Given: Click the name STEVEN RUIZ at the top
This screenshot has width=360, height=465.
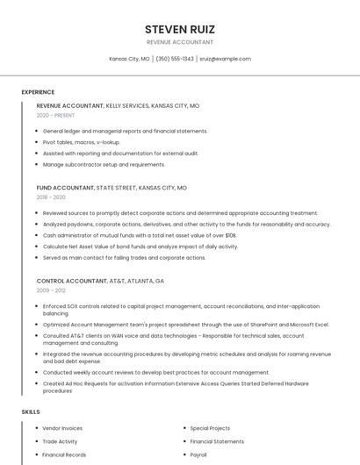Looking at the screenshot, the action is [179, 29].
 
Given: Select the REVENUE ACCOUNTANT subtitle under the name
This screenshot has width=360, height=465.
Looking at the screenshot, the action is [179, 42].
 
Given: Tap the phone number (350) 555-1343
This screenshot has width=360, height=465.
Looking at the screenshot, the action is [175, 59].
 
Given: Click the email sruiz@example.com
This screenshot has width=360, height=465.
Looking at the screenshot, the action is [225, 59].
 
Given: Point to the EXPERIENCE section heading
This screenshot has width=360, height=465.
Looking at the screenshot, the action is [38, 92].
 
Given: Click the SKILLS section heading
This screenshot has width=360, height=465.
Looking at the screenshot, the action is [31, 411].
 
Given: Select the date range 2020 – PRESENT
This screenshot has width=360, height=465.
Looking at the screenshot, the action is [55, 115].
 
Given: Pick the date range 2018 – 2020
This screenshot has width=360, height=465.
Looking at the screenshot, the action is [51, 197].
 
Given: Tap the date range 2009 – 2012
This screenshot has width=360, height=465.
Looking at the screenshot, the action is [51, 290].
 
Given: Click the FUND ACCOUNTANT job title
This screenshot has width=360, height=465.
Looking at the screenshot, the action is [65, 188].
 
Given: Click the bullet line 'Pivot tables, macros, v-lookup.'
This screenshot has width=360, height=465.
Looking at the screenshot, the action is [81, 142].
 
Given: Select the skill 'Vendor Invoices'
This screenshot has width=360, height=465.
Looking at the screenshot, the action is [62, 428].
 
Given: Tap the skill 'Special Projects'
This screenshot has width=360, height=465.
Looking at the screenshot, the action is [210, 428].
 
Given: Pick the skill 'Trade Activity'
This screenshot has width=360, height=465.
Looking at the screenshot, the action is [60, 441].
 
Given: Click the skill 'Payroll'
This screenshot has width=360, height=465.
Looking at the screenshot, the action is [198, 455].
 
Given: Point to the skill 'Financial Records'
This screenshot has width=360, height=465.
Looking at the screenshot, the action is [64, 455].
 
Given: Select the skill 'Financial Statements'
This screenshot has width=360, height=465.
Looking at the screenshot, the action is [217, 441].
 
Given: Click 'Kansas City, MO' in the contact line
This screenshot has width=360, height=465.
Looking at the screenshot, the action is [129, 59].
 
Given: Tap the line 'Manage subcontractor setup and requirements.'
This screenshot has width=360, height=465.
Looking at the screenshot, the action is [104, 164].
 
